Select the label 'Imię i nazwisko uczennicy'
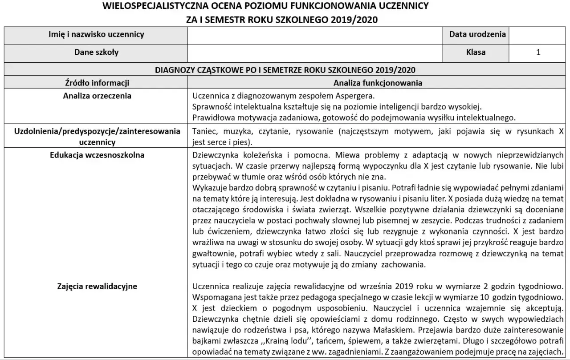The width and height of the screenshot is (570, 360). tap(96, 35)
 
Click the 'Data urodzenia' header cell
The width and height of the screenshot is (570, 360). tap(477, 35)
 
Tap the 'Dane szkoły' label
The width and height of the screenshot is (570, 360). tap(96, 53)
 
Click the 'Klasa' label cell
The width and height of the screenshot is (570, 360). tap(476, 53)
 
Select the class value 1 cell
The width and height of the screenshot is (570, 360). tap(538, 53)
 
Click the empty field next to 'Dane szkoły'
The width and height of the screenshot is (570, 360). tap(315, 53)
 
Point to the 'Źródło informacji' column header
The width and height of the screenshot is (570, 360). tap(97, 83)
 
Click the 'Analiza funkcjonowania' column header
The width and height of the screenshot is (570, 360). tap(378, 83)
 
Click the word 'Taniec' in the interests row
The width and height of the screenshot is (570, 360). tap(205, 131)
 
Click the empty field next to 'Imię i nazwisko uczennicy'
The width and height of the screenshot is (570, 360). tap(315, 35)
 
